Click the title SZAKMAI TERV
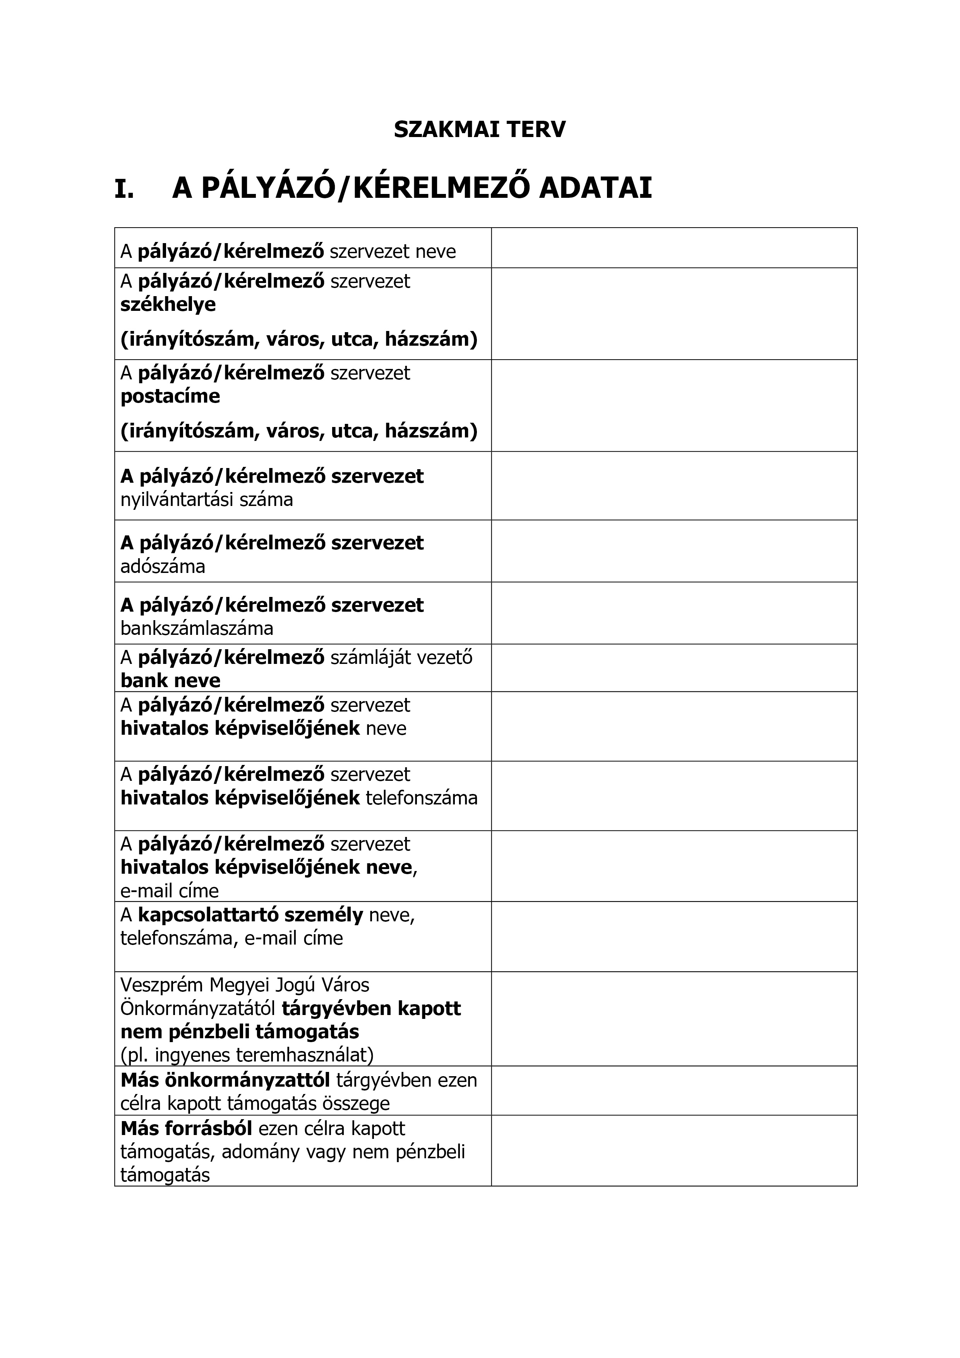pos(479,130)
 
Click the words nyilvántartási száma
pos(206,500)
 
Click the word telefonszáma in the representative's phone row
pos(422,798)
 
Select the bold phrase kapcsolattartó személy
pos(250,915)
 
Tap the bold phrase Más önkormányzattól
pos(225,1080)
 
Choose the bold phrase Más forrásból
pos(186,1128)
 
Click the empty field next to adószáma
pos(674,551)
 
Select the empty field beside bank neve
pos(674,668)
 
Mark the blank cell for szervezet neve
pos(674,248)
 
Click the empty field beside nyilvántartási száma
pos(674,486)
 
